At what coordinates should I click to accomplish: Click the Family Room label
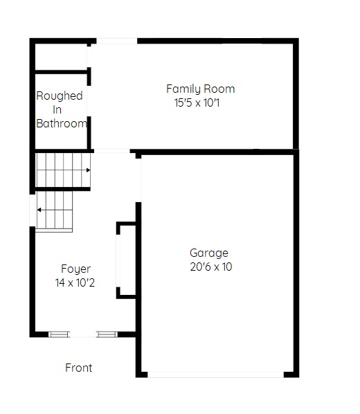point(201,89)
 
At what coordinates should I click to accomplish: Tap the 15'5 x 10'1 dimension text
point(197,102)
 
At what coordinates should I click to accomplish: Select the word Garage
point(209,253)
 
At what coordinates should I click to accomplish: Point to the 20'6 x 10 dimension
point(211,267)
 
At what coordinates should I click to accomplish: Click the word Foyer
point(75,269)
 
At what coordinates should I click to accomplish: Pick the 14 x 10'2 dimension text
point(75,282)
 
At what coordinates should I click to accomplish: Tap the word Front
point(79,368)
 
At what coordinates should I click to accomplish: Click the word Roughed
point(60,96)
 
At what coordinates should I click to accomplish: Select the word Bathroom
point(62,123)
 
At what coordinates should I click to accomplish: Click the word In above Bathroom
point(57,109)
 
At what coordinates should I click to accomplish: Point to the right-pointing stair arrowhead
point(89,170)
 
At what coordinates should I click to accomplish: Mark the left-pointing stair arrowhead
point(39,210)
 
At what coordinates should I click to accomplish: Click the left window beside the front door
point(59,334)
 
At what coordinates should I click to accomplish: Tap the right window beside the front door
point(107,334)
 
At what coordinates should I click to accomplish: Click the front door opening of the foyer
point(83,334)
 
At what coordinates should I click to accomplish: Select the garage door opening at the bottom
point(215,375)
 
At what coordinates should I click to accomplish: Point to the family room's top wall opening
point(117,41)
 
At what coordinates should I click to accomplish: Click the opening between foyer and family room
point(112,151)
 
